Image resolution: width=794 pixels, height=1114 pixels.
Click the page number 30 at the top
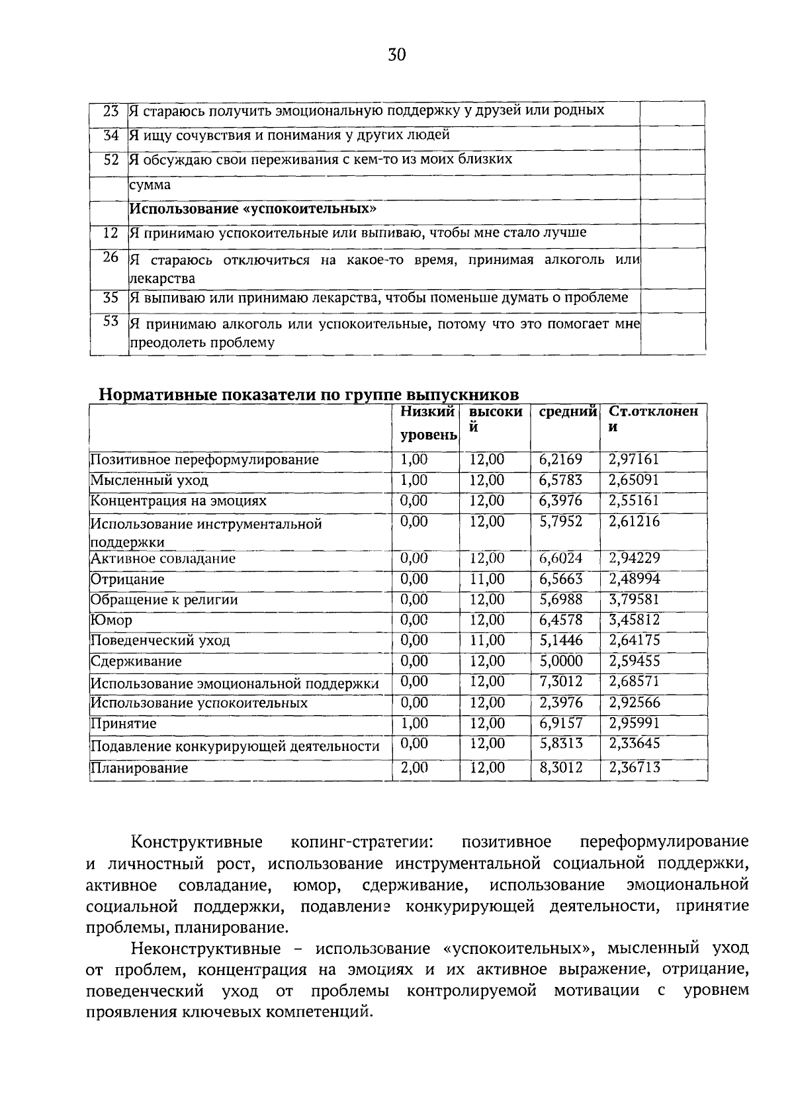[396, 55]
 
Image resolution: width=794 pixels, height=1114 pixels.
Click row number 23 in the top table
[110, 111]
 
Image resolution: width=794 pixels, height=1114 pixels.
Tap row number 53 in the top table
[110, 321]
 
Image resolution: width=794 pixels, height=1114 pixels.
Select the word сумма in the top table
[150, 185]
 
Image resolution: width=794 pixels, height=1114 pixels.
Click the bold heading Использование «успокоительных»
[253, 209]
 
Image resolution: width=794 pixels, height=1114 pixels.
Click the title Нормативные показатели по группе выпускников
[308, 395]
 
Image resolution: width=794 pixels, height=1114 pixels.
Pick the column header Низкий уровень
[428, 423]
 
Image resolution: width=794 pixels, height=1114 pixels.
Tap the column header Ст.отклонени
[652, 419]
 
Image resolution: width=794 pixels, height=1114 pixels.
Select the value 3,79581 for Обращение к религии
[634, 599]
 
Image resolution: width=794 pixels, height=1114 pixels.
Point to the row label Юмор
[111, 621]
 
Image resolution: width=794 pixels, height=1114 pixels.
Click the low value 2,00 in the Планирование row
[414, 768]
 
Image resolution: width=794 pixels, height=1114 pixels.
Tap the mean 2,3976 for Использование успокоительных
[560, 703]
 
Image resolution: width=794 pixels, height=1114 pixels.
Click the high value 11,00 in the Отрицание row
[487, 579]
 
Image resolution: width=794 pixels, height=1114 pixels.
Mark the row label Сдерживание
[136, 662]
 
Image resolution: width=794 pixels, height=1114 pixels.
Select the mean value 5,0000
[560, 662]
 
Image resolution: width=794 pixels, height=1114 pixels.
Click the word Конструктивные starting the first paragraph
[197, 842]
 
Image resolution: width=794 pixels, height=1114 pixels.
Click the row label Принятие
[123, 724]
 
